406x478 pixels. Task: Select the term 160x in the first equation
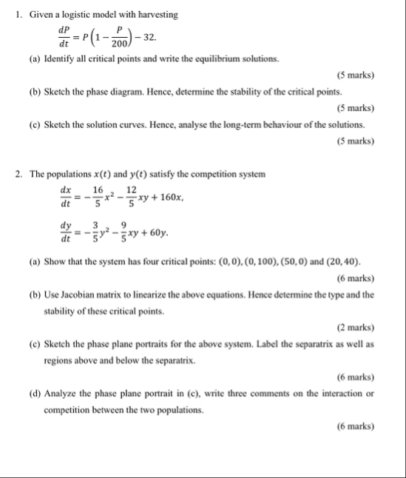(170, 198)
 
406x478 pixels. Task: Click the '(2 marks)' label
(355, 327)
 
